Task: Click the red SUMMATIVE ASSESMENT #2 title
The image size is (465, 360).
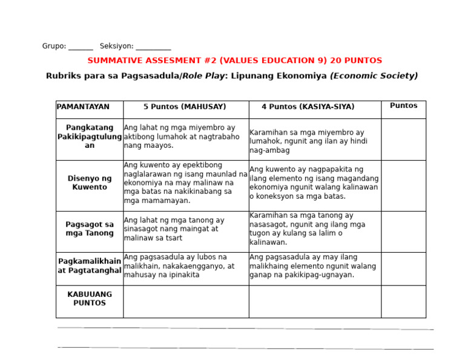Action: point(234,61)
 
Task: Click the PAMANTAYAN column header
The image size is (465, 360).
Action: point(83,107)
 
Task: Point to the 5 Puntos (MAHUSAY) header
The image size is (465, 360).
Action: point(185,107)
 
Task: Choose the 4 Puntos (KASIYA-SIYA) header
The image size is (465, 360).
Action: point(308,107)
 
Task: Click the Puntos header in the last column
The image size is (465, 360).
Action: point(403,105)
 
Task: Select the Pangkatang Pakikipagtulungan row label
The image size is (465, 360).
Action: point(90,137)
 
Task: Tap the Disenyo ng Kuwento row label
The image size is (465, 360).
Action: point(90,183)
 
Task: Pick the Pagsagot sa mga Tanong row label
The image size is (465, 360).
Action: point(90,229)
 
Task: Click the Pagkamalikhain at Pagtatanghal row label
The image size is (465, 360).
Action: point(90,266)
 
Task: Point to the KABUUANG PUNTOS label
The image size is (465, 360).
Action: point(90,299)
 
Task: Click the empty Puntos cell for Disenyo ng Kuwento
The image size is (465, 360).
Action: point(403,185)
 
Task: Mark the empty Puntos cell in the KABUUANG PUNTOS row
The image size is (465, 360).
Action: point(403,301)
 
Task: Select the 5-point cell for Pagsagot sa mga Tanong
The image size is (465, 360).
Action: point(185,229)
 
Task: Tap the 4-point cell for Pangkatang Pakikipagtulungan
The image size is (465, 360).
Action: point(314,141)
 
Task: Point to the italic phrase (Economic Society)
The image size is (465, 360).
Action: point(374,76)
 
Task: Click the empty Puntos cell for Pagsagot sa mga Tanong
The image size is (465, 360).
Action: point(403,232)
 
